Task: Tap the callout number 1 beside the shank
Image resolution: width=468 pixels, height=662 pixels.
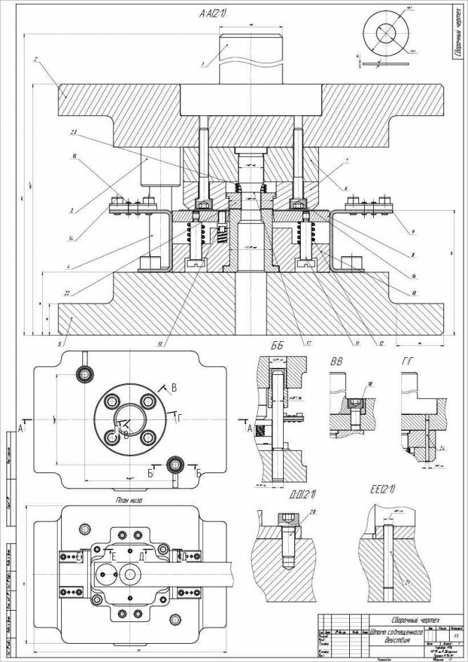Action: click(x=202, y=65)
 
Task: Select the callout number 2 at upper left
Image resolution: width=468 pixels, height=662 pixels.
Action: click(x=35, y=60)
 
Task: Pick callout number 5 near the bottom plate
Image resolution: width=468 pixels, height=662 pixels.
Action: click(x=62, y=344)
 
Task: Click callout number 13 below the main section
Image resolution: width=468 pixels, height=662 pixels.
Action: click(x=161, y=344)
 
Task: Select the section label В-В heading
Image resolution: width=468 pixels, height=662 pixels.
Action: click(x=337, y=362)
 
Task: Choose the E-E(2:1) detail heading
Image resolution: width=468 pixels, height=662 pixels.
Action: click(x=382, y=489)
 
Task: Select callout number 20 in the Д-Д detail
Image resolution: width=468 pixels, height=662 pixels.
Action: click(x=313, y=511)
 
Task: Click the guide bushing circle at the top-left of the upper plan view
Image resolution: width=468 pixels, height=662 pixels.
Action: click(x=85, y=373)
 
